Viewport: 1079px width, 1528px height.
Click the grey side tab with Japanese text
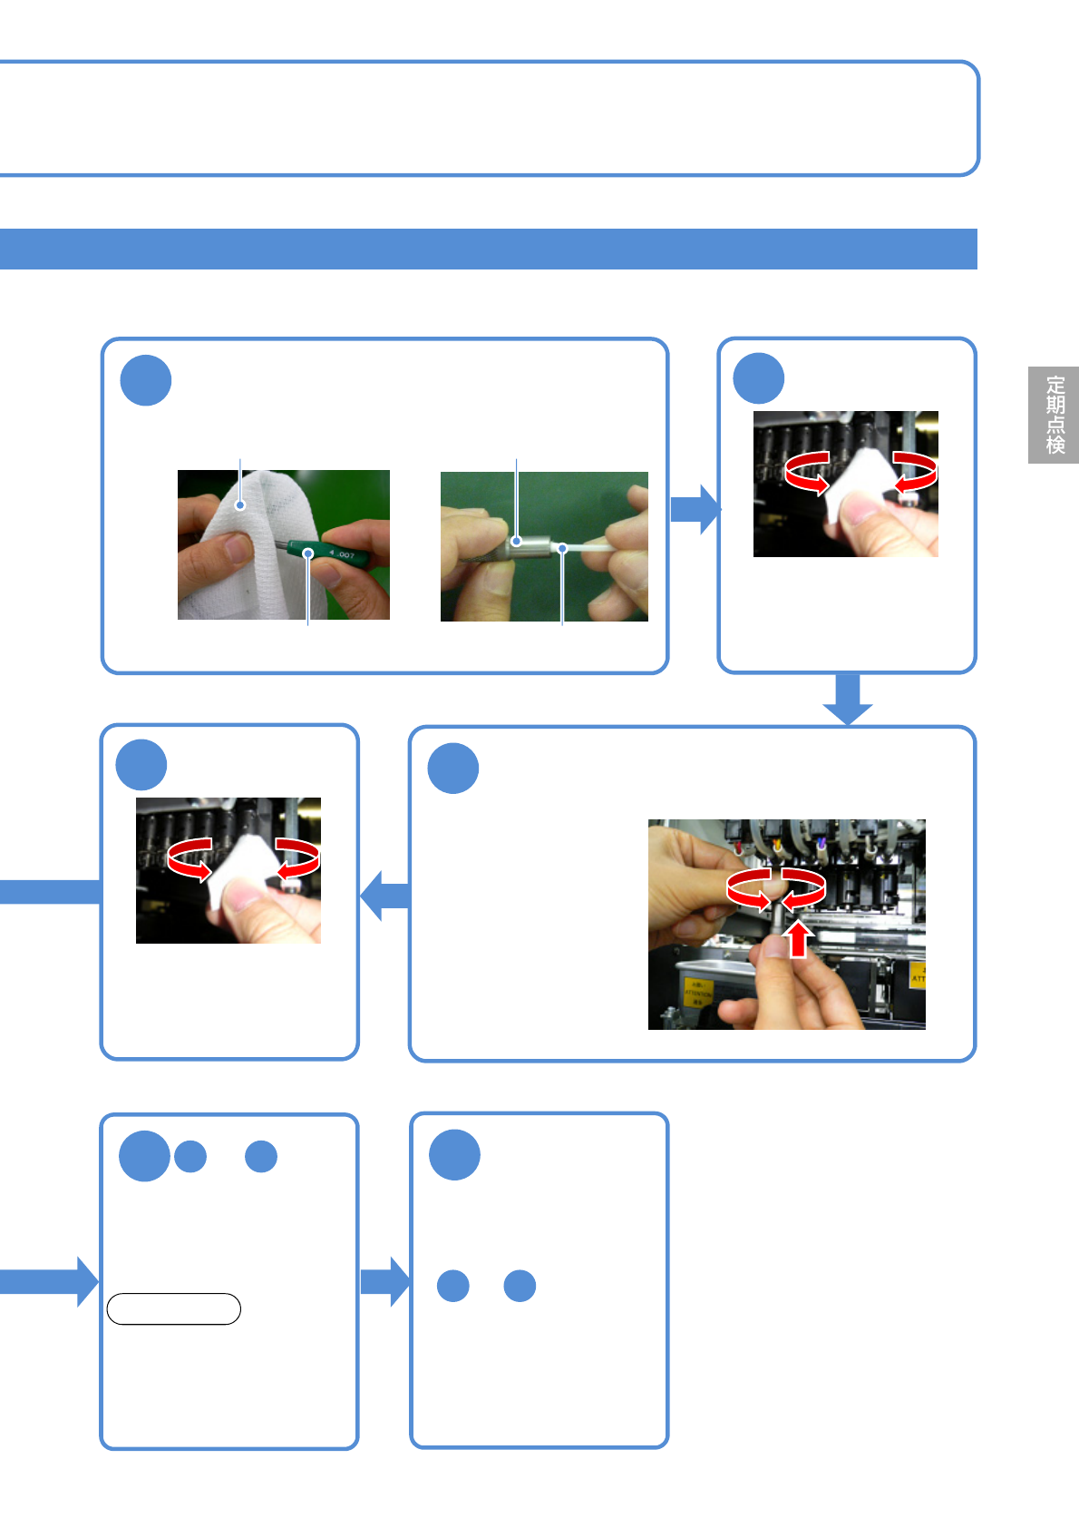pyautogui.click(x=1053, y=415)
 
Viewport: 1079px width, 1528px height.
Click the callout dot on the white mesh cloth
pyautogui.click(x=240, y=505)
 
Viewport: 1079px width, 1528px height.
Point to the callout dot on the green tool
pyautogui.click(x=308, y=553)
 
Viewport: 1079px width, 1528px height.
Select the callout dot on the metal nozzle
pyautogui.click(x=517, y=541)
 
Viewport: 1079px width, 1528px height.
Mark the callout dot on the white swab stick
pyautogui.click(x=562, y=548)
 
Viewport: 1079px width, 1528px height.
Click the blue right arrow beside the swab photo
pyautogui.click(x=695, y=509)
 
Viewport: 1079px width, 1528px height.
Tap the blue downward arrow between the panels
pyautogui.click(x=848, y=699)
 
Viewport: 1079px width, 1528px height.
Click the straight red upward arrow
pyautogui.click(x=797, y=939)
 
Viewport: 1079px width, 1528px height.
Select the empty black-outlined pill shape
pyautogui.click(x=173, y=1309)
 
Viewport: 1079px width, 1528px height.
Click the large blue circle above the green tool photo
pyautogui.click(x=146, y=380)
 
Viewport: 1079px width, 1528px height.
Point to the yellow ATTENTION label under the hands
pyautogui.click(x=697, y=993)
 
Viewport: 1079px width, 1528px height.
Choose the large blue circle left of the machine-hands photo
pyautogui.click(x=453, y=769)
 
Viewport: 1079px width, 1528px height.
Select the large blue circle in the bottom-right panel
pyautogui.click(x=454, y=1155)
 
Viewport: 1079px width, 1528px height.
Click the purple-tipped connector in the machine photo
pyautogui.click(x=821, y=843)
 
